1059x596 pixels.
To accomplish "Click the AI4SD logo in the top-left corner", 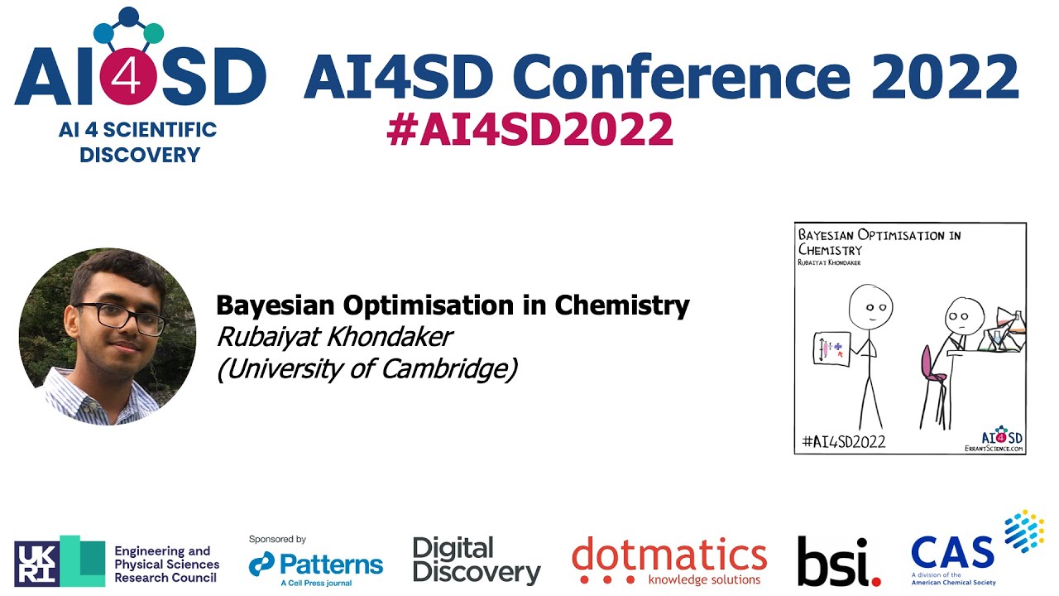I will (x=139, y=83).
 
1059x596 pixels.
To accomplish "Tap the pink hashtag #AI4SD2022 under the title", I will (x=529, y=130).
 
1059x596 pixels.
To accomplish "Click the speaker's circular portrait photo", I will (x=108, y=336).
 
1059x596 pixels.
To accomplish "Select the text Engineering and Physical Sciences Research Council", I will (x=166, y=564).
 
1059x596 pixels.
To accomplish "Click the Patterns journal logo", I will (x=316, y=565).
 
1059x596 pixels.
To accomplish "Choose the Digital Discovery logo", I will (x=476, y=560).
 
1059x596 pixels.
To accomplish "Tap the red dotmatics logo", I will (x=669, y=560).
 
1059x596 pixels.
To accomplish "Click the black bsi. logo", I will (x=838, y=561).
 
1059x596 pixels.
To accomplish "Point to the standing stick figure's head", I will (x=870, y=307).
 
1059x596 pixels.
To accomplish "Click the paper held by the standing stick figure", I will (x=831, y=348).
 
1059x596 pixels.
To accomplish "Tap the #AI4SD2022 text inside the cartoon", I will (x=844, y=441).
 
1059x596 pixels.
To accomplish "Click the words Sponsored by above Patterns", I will (x=277, y=539).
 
